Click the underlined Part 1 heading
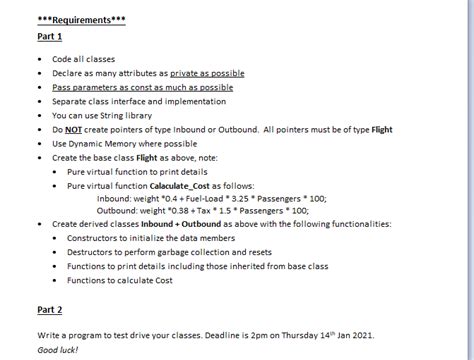click(50, 37)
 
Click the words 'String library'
click(136, 115)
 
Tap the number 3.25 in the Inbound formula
click(240, 198)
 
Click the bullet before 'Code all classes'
click(40, 59)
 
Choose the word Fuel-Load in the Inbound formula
click(201, 198)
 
